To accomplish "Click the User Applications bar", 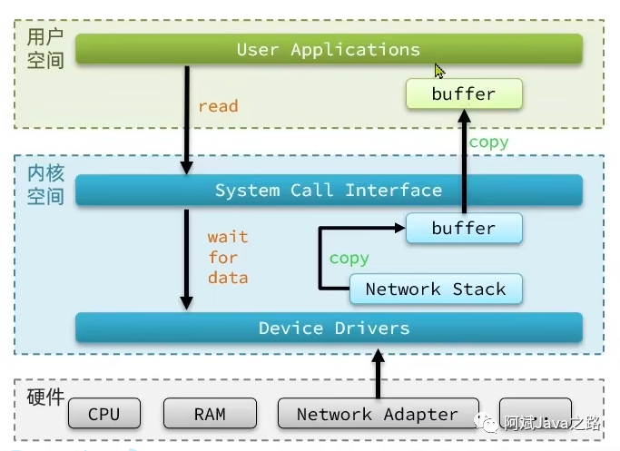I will [x=328, y=49].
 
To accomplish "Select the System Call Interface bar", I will [x=328, y=191].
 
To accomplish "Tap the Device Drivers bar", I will [x=328, y=328].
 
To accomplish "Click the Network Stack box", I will [x=435, y=289].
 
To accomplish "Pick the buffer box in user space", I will [x=463, y=93].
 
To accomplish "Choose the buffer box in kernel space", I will [x=463, y=228].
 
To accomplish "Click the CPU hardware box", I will [x=103, y=414].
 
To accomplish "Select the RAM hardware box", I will [x=210, y=414].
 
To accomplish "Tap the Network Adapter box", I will [x=377, y=414].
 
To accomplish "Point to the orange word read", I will [x=218, y=106].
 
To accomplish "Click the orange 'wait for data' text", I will [x=227, y=257].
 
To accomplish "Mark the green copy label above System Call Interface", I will [x=488, y=142].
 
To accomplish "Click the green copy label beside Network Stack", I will [x=349, y=259].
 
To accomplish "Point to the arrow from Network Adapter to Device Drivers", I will [x=378, y=372].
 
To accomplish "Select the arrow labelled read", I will [x=187, y=118].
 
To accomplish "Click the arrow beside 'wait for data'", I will [x=187, y=259].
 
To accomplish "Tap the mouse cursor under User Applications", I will [x=439, y=71].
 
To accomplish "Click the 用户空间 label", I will [x=45, y=48].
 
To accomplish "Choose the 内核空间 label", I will [x=45, y=184].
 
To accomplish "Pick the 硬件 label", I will [x=45, y=397].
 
